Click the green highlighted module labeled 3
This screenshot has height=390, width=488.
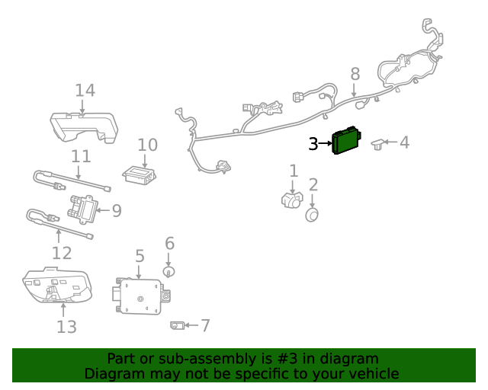click(348, 141)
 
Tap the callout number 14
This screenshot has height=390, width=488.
click(85, 91)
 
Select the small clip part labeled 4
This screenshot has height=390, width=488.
click(378, 144)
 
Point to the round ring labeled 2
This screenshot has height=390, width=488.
click(312, 216)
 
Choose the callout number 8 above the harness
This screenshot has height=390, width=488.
click(355, 74)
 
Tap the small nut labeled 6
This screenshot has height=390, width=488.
click(169, 271)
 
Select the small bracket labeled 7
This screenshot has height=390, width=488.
click(176, 326)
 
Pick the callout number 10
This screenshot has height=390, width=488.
click(147, 145)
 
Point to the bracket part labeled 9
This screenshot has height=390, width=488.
click(84, 208)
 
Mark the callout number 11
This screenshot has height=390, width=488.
click(81, 156)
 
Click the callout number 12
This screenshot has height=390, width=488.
click(62, 253)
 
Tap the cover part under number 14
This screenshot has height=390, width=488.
click(84, 126)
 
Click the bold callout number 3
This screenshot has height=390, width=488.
click(313, 143)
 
